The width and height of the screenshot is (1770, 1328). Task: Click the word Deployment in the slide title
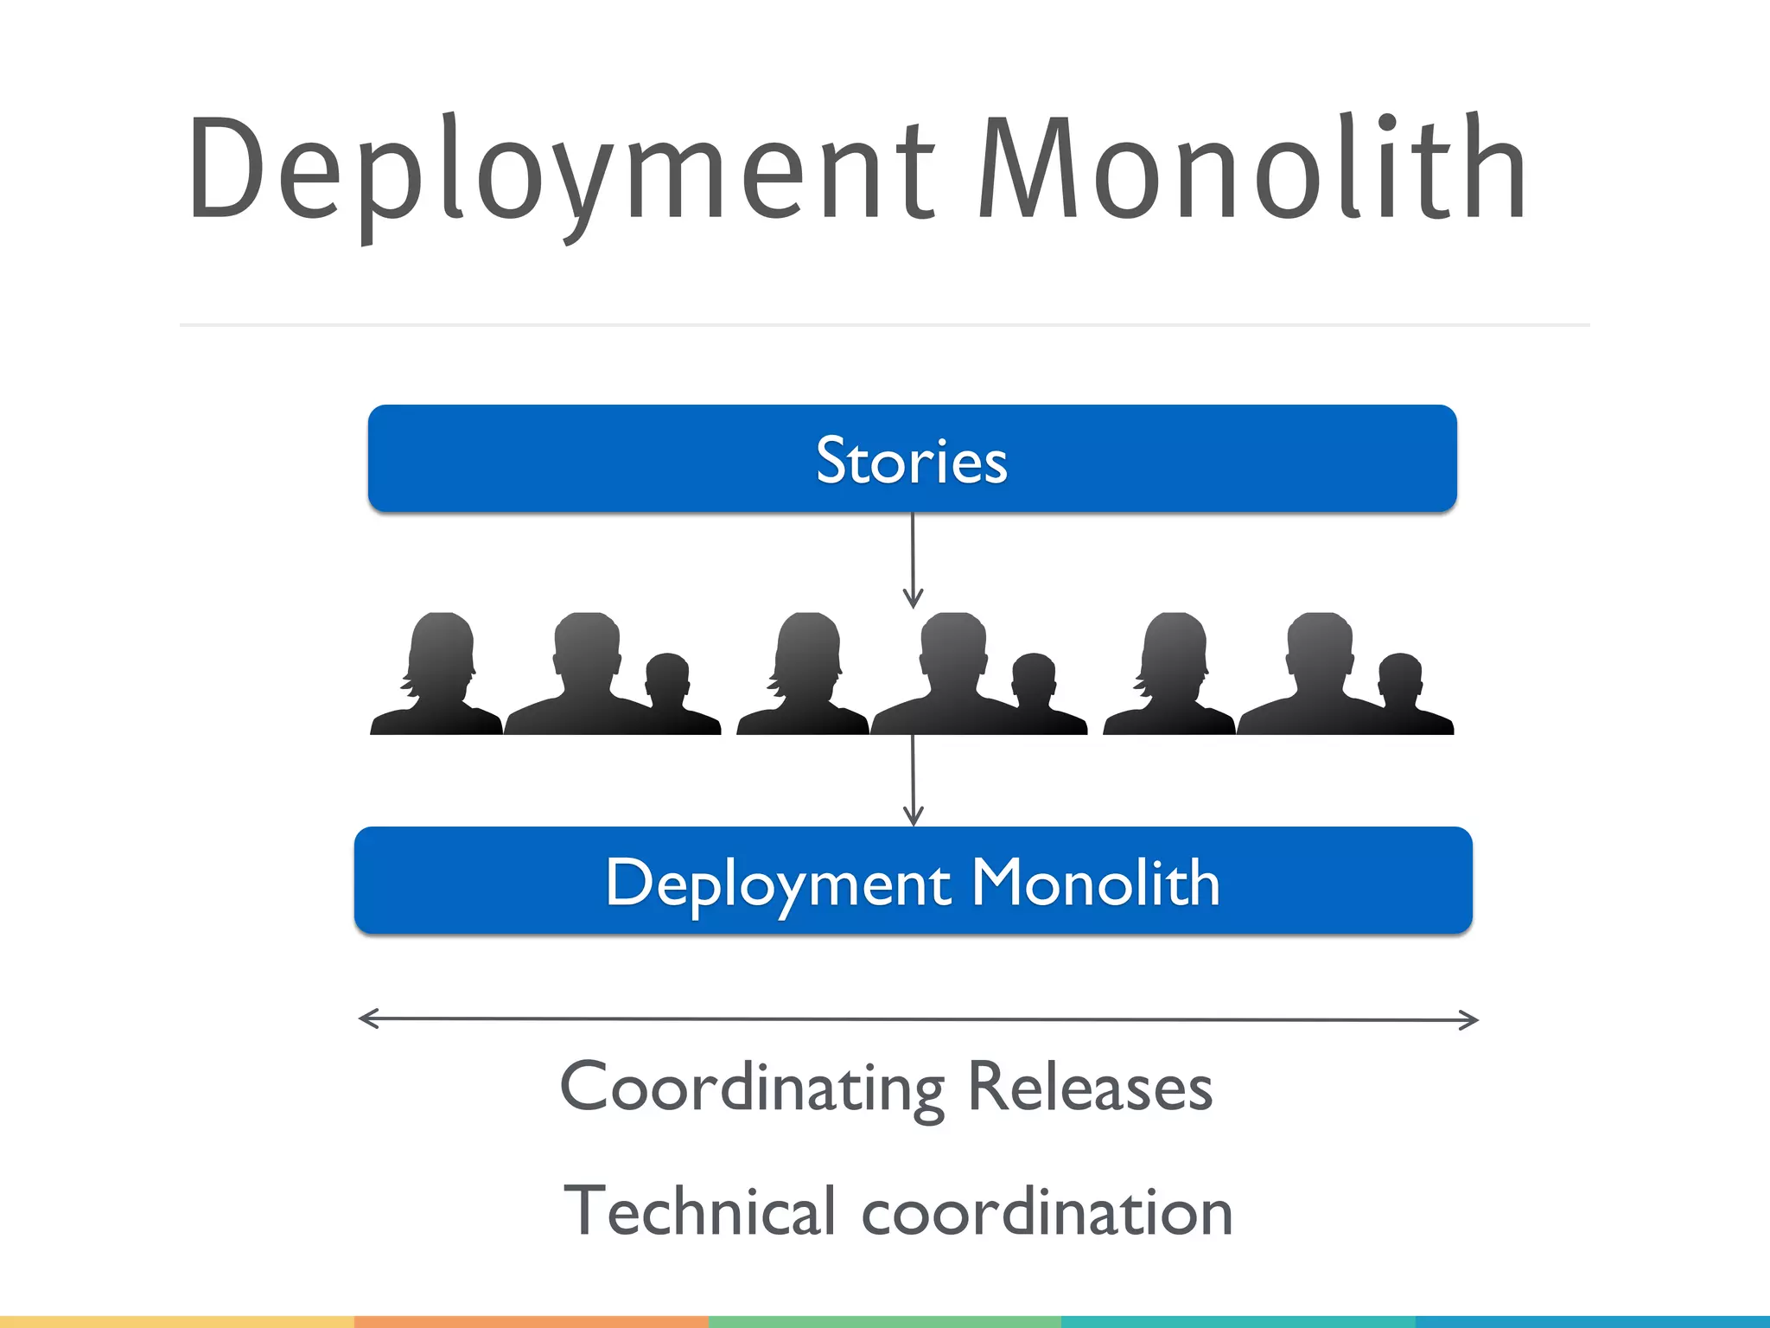(562, 169)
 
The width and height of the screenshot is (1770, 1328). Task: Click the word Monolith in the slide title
(1253, 169)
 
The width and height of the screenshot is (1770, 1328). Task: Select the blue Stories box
(913, 458)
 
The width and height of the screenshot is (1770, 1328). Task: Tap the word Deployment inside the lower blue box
(778, 884)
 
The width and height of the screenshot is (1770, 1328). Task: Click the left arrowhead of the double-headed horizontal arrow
(367, 1018)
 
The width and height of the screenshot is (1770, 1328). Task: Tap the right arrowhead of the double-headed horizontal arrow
(1469, 1020)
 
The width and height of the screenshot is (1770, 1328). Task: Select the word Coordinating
(752, 1088)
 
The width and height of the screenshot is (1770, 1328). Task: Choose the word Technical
(700, 1210)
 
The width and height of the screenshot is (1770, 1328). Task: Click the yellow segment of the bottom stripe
(177, 1321)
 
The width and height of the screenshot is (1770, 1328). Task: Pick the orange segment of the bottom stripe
(531, 1321)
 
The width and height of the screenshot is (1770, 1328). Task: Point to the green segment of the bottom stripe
(884, 1321)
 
